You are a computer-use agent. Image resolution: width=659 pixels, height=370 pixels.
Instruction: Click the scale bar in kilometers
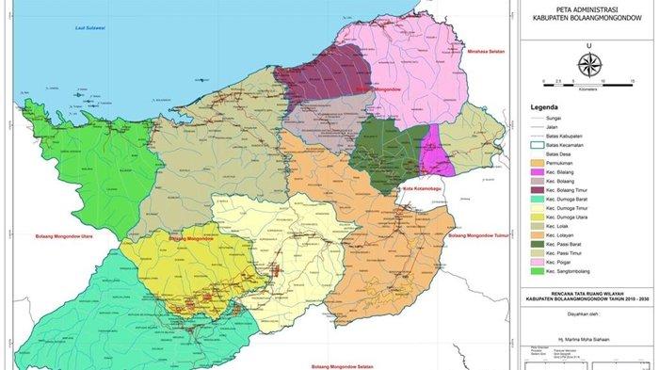click(x=588, y=84)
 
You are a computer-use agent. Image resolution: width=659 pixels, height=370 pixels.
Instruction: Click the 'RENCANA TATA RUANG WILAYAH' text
click(x=587, y=294)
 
